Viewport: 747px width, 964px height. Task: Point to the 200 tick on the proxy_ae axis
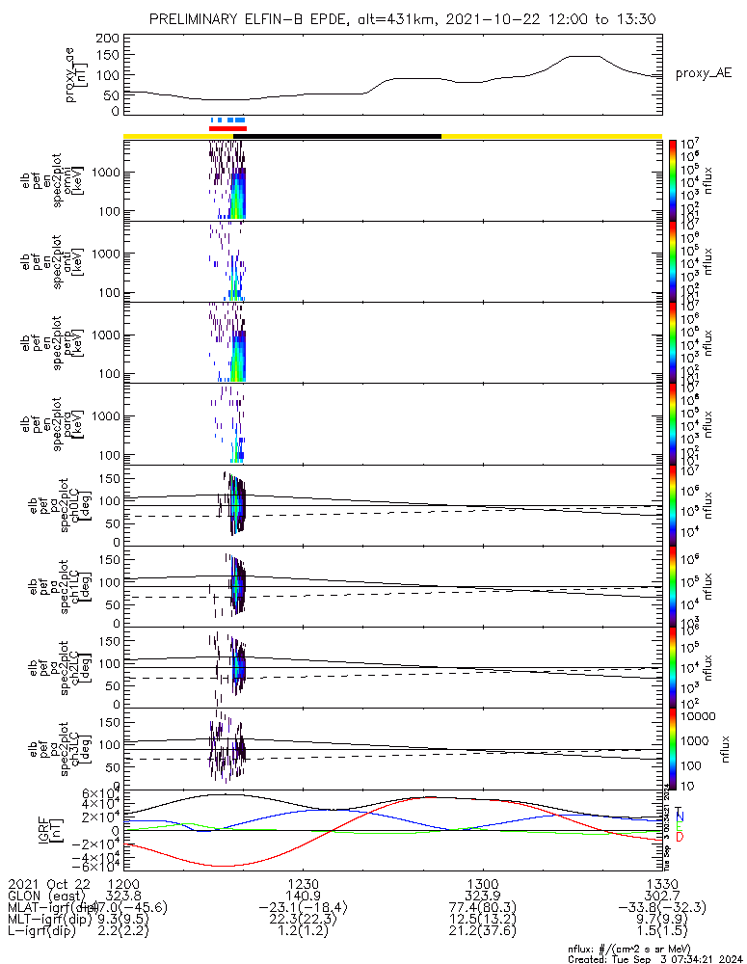[x=108, y=39]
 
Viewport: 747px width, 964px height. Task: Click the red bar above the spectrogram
[x=227, y=128]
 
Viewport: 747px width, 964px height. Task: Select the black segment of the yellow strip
[x=343, y=136]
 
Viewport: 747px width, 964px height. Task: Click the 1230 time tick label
[x=303, y=883]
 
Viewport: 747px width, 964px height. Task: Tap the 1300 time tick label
[x=482, y=883]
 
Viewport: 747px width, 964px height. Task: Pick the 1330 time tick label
[x=661, y=883]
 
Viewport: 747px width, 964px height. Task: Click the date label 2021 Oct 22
[x=48, y=883]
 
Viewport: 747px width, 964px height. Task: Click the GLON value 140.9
[x=303, y=896]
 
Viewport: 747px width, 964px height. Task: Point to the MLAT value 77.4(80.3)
[x=482, y=907]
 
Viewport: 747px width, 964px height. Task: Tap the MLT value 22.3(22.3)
[x=303, y=920]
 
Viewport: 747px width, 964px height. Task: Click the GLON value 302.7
[x=661, y=896]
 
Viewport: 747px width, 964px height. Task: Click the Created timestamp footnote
[x=654, y=959]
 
